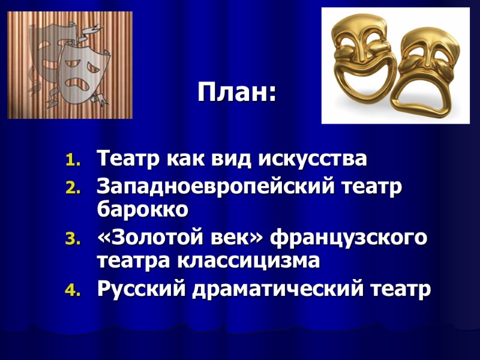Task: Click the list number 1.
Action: tap(71, 160)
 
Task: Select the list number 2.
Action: tap(71, 188)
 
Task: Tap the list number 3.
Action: tap(71, 239)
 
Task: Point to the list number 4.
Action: tap(71, 291)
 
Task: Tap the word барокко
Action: tap(142, 209)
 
